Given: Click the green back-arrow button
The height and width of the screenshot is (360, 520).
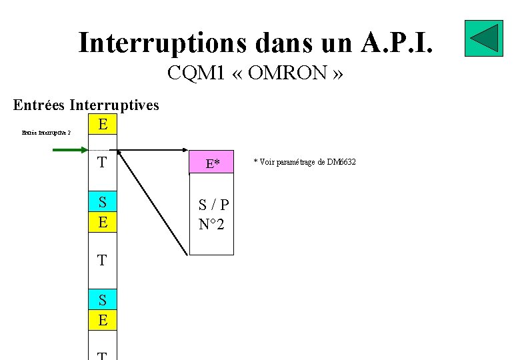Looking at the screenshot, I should [483, 39].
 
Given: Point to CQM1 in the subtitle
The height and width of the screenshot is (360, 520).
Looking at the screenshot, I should [197, 73].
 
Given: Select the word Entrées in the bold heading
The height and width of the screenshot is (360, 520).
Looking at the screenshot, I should [39, 105].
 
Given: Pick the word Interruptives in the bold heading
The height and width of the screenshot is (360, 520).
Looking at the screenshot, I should [114, 105].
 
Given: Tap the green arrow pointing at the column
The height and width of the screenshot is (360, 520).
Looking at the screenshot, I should [70, 151].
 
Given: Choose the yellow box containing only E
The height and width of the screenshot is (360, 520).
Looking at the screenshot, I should [102, 125].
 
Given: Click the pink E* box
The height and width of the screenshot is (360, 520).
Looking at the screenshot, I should [213, 163].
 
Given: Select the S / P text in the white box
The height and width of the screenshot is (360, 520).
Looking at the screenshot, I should [213, 205].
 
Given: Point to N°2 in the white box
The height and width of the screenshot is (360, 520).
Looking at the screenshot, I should [212, 225].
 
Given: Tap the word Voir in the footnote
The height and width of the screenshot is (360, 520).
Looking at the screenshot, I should [267, 162].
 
